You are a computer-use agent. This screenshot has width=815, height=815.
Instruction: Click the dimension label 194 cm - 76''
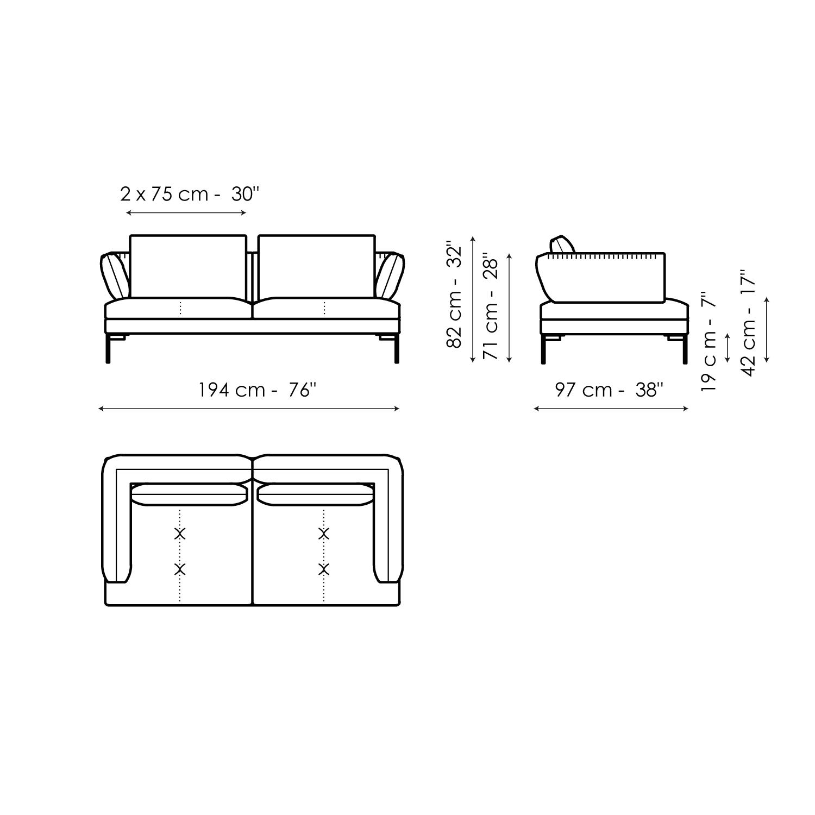257,390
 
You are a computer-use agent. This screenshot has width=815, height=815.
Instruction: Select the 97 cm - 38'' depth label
609,390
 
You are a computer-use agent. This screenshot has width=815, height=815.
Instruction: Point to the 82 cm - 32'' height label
454,296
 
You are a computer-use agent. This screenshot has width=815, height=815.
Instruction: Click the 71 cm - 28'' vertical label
491,307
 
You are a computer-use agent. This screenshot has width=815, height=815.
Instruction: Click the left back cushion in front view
188,266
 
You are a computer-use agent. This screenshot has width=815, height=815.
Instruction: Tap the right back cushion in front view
317,266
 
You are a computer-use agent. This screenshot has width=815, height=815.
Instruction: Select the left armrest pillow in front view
115,276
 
